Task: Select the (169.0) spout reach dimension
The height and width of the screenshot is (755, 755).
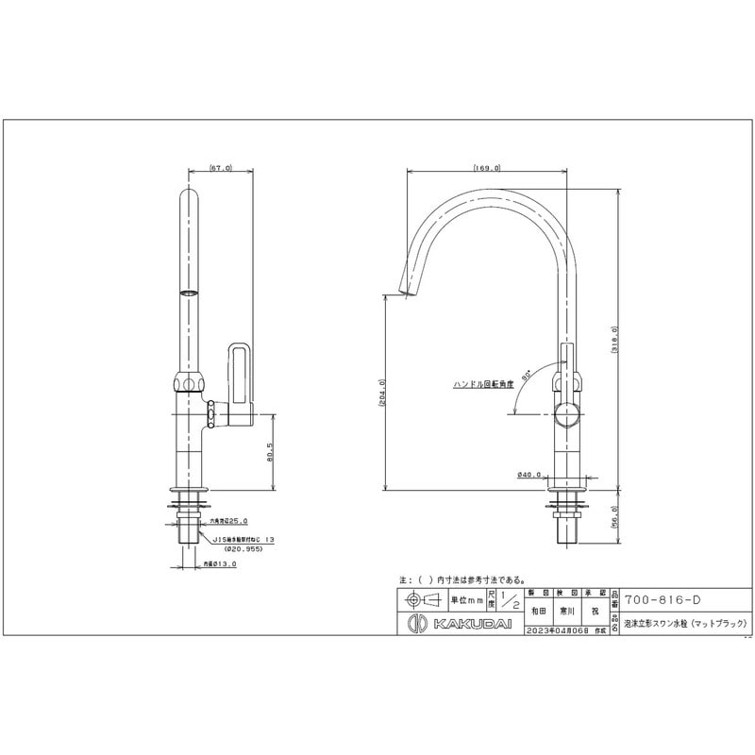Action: pyautogui.click(x=488, y=168)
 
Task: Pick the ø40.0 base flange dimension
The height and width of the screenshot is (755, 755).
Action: pyautogui.click(x=529, y=475)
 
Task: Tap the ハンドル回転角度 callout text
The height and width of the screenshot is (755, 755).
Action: pyautogui.click(x=483, y=384)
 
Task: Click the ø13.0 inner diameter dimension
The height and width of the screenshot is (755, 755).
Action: pyautogui.click(x=219, y=563)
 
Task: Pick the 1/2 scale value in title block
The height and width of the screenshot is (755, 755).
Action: pyautogui.click(x=511, y=600)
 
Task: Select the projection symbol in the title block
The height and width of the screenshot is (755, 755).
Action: pyautogui.click(x=421, y=600)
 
